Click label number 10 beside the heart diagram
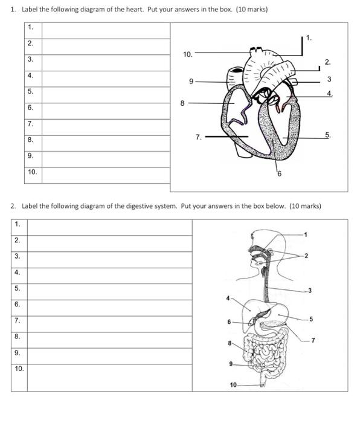tap(188, 54)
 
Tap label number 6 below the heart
tap(280, 174)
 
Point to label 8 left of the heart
tap(182, 103)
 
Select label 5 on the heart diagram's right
tap(328, 135)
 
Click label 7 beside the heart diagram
tap(199, 137)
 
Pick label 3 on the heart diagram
tap(329, 79)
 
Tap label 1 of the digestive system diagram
tap(306, 234)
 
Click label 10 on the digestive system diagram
tap(233, 385)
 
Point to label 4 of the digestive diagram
tap(228, 298)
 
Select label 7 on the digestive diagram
tap(313, 340)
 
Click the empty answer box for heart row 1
tap(106, 31)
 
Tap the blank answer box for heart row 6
tap(106, 111)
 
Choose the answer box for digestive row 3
tap(110, 260)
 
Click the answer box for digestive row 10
tap(110, 378)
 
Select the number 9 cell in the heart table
tap(33, 160)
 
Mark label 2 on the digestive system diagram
tap(306, 256)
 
